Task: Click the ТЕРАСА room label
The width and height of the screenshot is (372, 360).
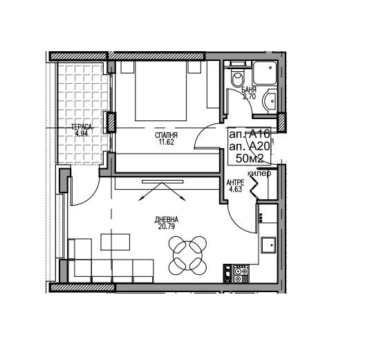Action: point(82,127)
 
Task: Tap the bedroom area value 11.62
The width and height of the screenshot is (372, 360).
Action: point(166,142)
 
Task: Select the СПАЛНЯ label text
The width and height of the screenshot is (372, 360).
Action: point(166,136)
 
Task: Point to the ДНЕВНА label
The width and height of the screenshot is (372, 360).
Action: point(167,220)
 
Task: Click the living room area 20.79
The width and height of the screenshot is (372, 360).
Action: point(167,226)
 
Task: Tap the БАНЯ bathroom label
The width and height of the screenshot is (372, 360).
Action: point(249,90)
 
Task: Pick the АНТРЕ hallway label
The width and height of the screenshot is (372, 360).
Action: point(235,183)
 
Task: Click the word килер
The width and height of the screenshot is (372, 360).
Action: point(259,174)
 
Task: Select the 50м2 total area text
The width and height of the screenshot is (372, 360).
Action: point(250,159)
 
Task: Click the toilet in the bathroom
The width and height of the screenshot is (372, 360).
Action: point(238,76)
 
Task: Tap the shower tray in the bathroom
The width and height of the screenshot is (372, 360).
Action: point(265,73)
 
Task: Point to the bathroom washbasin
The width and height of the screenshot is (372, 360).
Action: point(270,101)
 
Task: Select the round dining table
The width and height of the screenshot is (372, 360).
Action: point(187,255)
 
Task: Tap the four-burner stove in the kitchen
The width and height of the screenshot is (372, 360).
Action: point(241,273)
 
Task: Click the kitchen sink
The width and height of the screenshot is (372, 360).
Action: point(268,245)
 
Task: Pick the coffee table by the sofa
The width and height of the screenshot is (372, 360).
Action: point(115,242)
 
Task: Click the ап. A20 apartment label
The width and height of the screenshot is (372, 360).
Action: point(250,147)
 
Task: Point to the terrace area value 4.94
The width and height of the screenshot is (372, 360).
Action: point(82,134)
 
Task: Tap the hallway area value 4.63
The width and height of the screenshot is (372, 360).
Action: point(235,189)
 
